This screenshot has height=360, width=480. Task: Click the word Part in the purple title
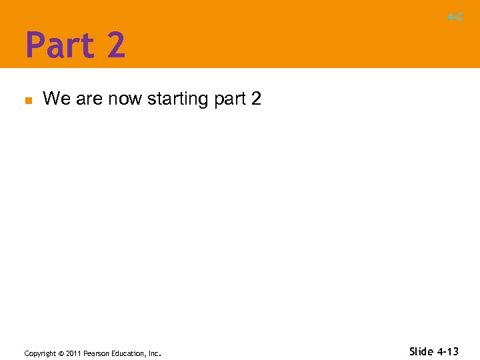(x=58, y=45)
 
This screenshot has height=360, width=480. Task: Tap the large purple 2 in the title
(x=114, y=45)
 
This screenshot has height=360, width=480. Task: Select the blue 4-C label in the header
(x=455, y=17)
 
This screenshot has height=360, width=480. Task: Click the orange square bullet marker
(x=28, y=101)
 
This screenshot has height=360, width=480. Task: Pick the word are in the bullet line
(x=87, y=100)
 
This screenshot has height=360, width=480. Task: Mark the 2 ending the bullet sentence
(x=256, y=99)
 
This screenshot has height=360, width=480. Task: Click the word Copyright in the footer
(x=41, y=353)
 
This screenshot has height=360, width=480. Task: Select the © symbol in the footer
(x=61, y=353)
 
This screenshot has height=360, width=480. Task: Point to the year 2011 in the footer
(x=73, y=353)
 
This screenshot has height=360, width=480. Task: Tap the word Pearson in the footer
(x=97, y=353)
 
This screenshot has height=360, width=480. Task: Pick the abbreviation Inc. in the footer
(x=154, y=353)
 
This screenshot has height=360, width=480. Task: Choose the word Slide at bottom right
(x=421, y=351)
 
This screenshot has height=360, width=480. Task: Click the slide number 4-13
(x=449, y=351)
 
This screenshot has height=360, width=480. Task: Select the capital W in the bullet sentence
(x=51, y=99)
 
